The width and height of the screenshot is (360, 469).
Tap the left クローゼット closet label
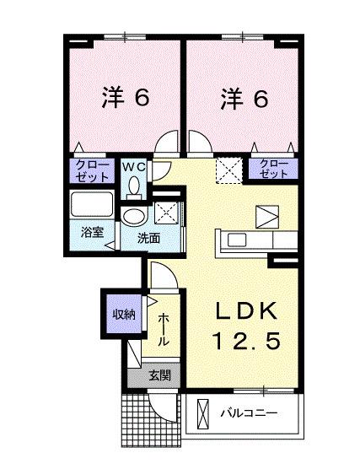click(x=92, y=171)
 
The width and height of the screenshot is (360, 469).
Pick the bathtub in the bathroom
click(x=92, y=206)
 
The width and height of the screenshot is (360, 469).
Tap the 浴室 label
click(x=93, y=233)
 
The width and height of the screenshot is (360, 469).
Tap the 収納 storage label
click(x=124, y=314)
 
